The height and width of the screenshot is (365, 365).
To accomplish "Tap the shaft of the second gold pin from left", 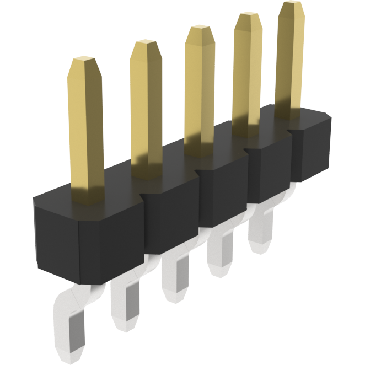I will pyautogui.click(x=147, y=110).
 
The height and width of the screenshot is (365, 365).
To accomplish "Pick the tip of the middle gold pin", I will pyautogui.click(x=200, y=30).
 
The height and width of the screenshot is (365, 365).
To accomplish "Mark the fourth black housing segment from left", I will pyautogui.click(x=267, y=171).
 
